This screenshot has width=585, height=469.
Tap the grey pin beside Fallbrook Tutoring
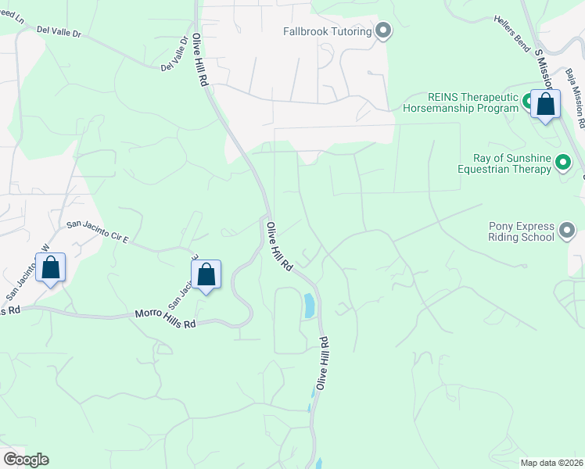383,32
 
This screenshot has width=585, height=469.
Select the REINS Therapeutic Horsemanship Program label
461,102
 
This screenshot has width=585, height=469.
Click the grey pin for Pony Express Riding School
567,231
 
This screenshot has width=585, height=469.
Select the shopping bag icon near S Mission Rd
545,104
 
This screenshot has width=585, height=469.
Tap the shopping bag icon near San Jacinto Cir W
51,268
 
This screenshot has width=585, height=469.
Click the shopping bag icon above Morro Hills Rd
206,275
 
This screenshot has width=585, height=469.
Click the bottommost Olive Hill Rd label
321,363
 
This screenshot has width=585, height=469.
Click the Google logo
26,460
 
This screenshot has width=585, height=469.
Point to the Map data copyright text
552,463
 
